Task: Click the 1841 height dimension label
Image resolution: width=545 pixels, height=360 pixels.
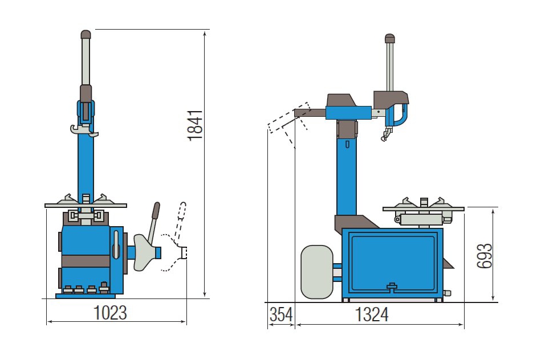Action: pyautogui.click(x=195, y=125)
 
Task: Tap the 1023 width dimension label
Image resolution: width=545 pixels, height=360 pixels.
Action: pyautogui.click(x=111, y=313)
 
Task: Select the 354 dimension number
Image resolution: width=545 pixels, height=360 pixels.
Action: pyautogui.click(x=281, y=315)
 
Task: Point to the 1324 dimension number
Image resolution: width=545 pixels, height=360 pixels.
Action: pyautogui.click(x=372, y=315)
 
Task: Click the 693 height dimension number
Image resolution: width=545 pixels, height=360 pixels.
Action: pyautogui.click(x=485, y=256)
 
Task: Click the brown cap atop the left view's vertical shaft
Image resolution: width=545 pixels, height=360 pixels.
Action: pyautogui.click(x=86, y=34)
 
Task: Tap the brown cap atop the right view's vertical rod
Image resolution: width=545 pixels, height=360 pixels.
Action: pyautogui.click(x=389, y=38)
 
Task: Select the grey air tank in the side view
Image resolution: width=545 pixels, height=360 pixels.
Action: pyautogui.click(x=316, y=272)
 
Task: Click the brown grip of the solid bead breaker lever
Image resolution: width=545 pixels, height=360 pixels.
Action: pyautogui.click(x=156, y=210)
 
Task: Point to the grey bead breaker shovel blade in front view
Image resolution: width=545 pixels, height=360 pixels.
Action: pyautogui.click(x=144, y=252)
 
